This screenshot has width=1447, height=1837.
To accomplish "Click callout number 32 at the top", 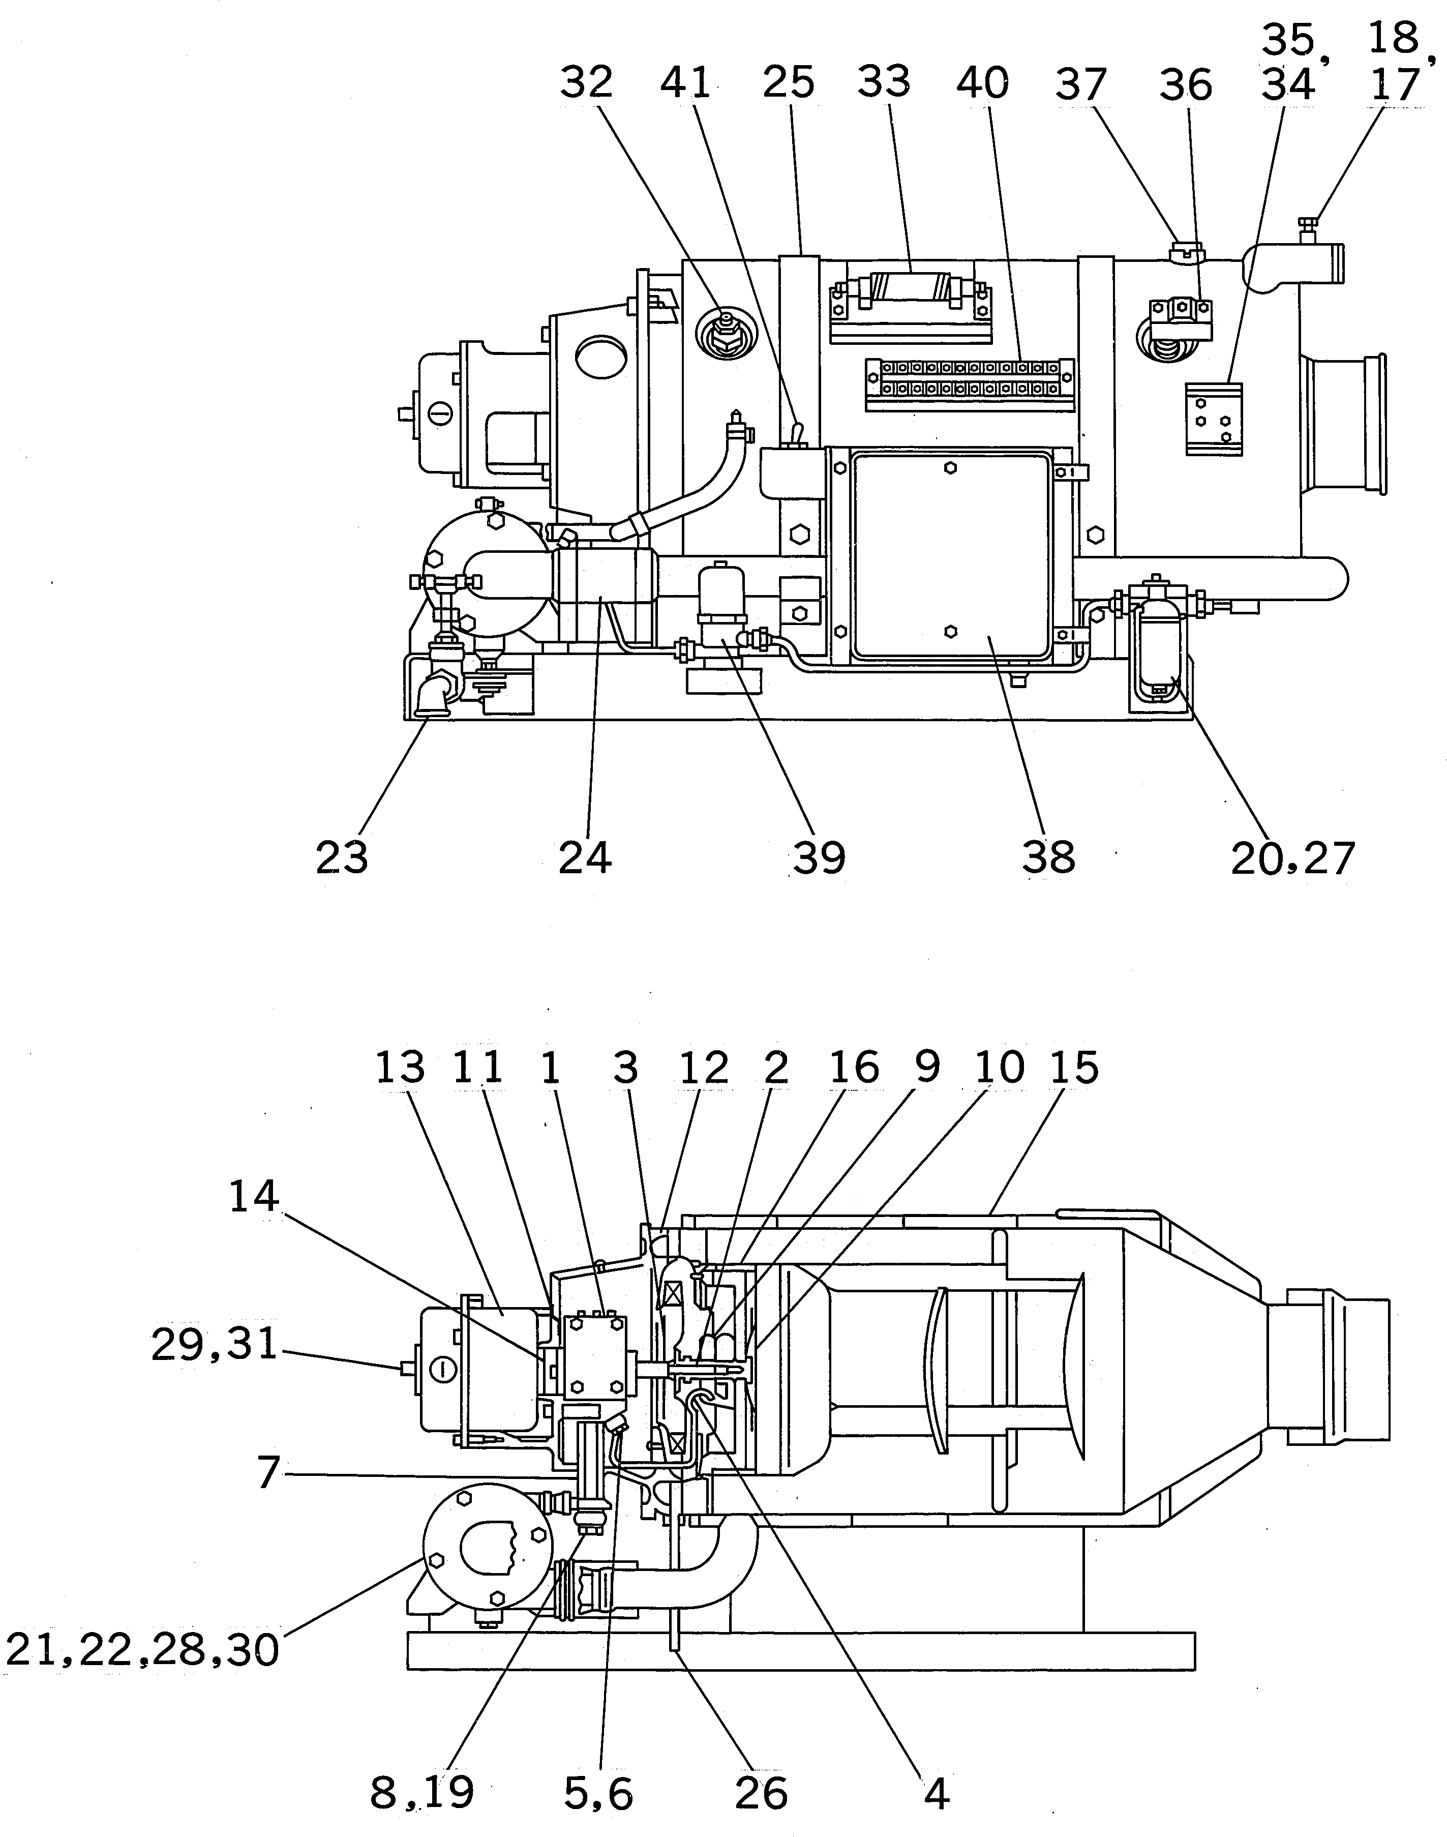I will point(586,83).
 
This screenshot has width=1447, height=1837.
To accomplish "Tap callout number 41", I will point(686,83).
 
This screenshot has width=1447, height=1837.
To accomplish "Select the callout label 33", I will point(884,82).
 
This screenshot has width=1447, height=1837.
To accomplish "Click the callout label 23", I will point(342,857).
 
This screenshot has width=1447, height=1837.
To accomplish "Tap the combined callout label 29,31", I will point(215,1345).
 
